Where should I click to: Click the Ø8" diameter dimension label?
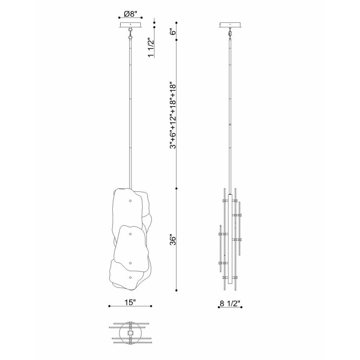[x=130, y=14]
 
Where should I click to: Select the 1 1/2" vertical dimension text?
[x=150, y=47]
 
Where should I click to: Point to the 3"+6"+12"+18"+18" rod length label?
[x=173, y=116]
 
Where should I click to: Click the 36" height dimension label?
[x=173, y=240]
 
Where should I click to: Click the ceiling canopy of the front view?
[x=130, y=25]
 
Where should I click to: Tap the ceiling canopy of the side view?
[x=230, y=25]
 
